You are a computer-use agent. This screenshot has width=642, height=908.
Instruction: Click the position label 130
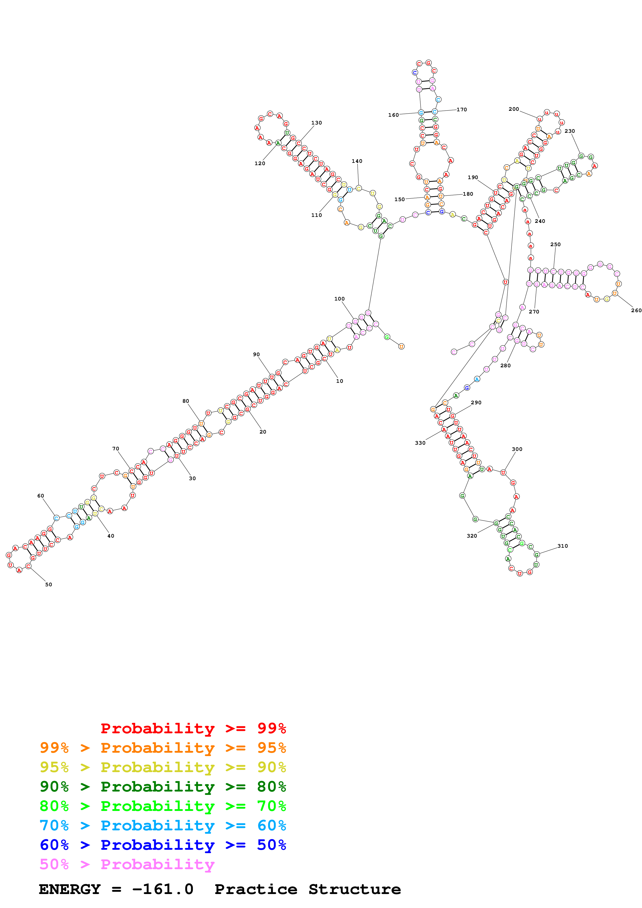316,123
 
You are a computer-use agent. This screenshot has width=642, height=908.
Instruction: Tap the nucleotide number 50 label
49,584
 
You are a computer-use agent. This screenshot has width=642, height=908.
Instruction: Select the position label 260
636,310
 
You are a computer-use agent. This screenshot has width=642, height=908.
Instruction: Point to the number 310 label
562,546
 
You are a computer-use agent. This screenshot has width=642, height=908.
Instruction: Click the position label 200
514,109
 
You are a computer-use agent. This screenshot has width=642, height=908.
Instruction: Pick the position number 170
461,109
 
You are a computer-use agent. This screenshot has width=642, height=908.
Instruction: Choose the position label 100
340,299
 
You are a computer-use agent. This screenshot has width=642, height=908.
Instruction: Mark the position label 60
41,496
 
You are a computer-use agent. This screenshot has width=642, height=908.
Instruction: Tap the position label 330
420,443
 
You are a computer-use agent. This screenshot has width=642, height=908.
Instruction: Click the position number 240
540,221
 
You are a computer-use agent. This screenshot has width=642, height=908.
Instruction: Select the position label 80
185,401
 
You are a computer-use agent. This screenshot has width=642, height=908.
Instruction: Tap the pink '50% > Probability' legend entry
127,864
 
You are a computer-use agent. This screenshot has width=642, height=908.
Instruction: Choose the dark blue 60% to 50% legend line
163,845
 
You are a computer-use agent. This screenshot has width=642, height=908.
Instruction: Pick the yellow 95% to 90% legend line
163,767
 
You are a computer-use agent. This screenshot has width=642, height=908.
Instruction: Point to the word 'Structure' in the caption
355,889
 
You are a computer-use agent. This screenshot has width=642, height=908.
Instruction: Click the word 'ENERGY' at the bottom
70,889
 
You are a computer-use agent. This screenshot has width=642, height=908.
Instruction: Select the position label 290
476,402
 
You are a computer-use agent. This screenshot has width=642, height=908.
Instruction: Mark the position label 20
263,432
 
